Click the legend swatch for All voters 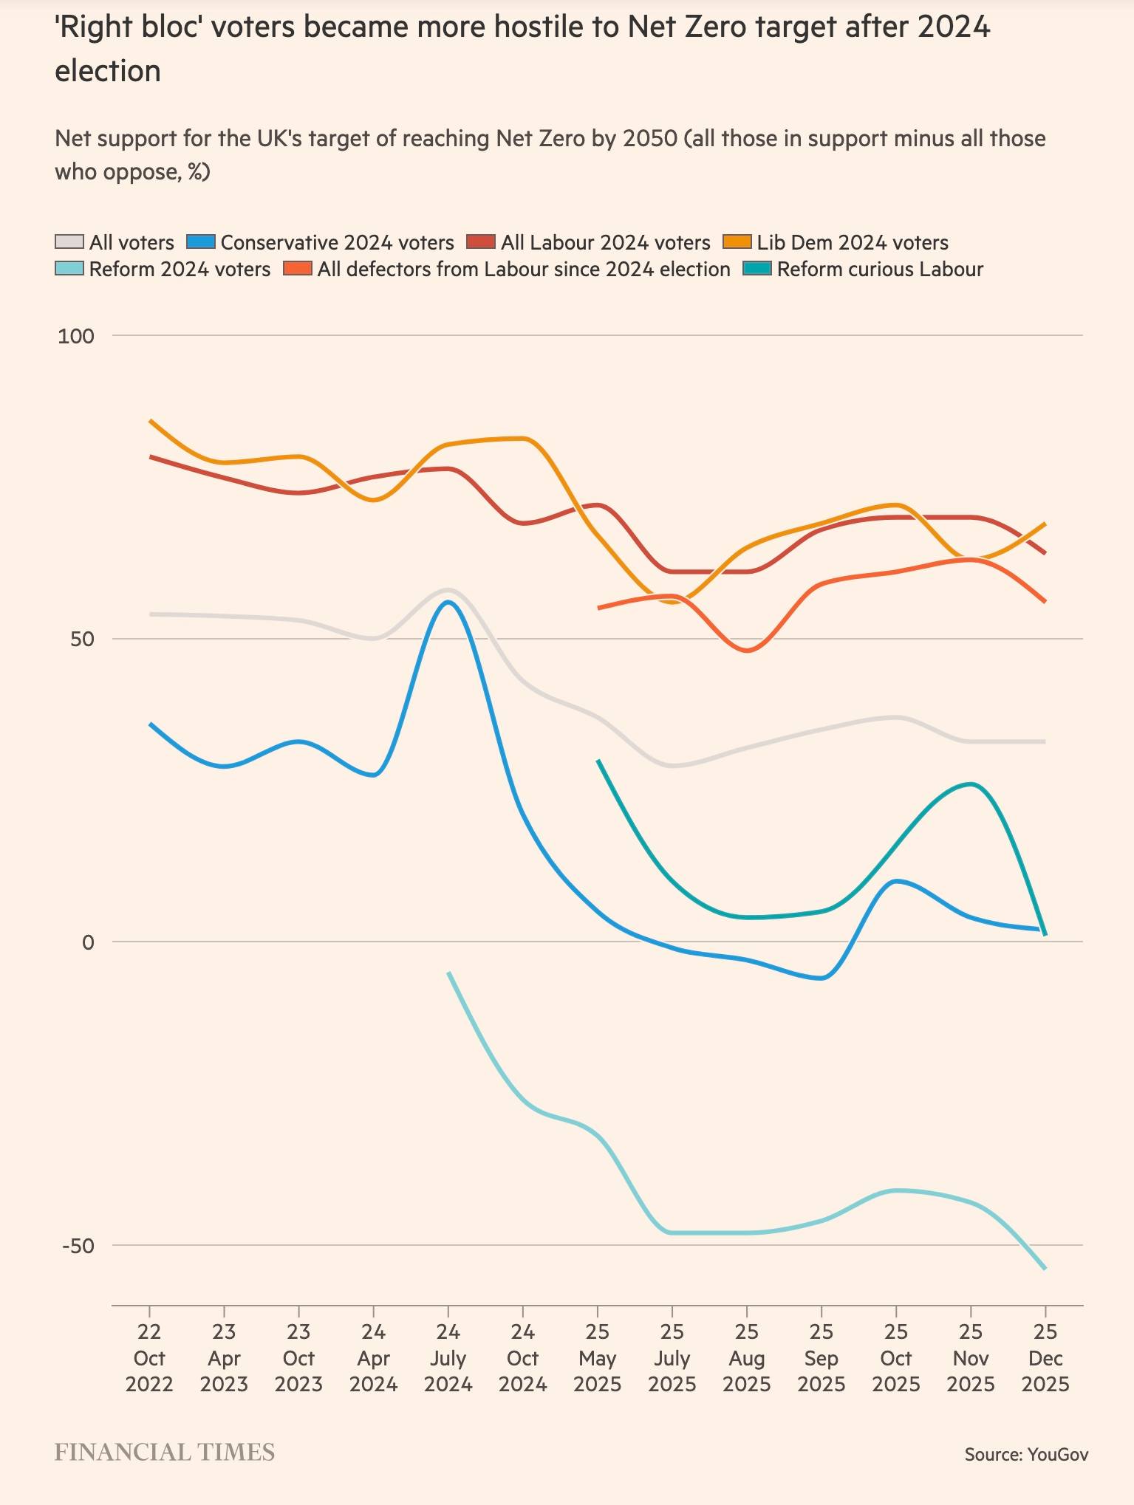click(69, 242)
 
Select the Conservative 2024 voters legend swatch click(200, 242)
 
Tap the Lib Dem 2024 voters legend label click(852, 242)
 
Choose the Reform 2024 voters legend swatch click(69, 269)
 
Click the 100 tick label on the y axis click(76, 337)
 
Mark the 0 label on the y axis click(88, 943)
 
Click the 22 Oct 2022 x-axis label click(149, 1359)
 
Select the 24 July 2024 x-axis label click(448, 1359)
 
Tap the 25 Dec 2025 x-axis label click(1045, 1359)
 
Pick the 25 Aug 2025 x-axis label click(746, 1359)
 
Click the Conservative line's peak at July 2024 click(448, 602)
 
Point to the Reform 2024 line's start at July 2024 click(448, 973)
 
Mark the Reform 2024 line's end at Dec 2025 click(1045, 1269)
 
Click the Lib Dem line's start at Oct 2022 click(150, 421)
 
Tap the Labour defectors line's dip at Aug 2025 click(747, 651)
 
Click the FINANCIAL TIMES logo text click(164, 1453)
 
